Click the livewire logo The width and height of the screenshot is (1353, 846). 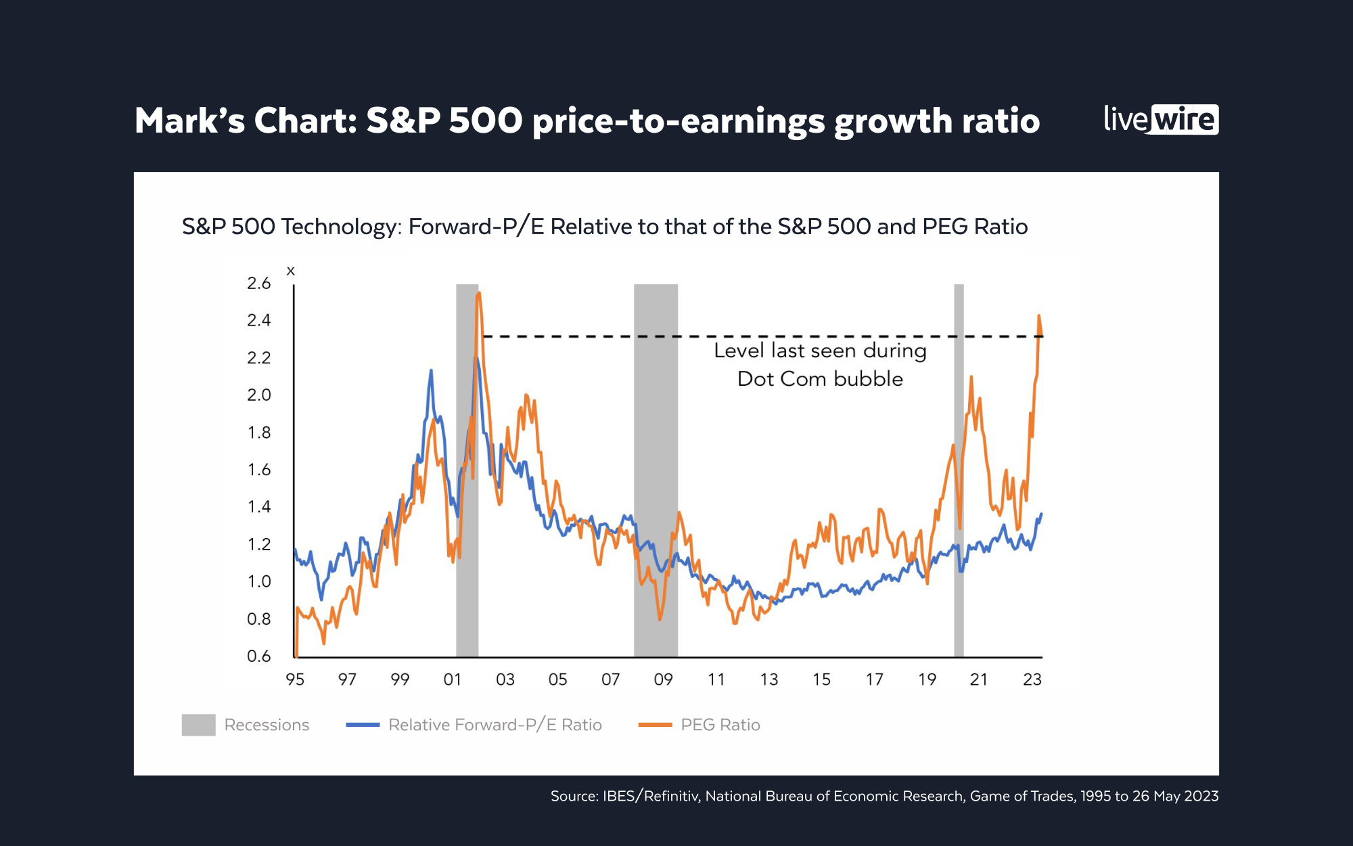pyautogui.click(x=1161, y=120)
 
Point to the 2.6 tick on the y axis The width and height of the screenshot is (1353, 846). pyautogui.click(x=258, y=284)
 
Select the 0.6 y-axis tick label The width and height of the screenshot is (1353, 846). pyautogui.click(x=258, y=656)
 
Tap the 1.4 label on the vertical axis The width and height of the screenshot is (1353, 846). pyautogui.click(x=258, y=507)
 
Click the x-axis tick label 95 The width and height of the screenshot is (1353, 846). pyautogui.click(x=295, y=680)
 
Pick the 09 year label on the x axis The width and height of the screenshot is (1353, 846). pyautogui.click(x=663, y=680)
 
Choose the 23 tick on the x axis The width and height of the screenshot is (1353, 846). pyautogui.click(x=1032, y=680)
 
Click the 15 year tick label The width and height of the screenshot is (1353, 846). pyautogui.click(x=821, y=680)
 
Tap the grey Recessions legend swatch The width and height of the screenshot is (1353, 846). pyautogui.click(x=198, y=725)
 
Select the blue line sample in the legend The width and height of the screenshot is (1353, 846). pyautogui.click(x=363, y=725)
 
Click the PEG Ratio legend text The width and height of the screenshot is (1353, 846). pyautogui.click(x=720, y=725)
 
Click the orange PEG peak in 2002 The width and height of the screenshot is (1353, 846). pyautogui.click(x=479, y=293)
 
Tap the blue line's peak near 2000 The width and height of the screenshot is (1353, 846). pyautogui.click(x=431, y=371)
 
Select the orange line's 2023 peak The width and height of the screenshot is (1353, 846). pyautogui.click(x=1038, y=315)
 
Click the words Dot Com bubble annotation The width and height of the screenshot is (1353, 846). pyautogui.click(x=820, y=379)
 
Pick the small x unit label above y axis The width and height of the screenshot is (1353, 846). pyautogui.click(x=291, y=271)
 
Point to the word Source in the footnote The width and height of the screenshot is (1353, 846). pyautogui.click(x=572, y=797)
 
